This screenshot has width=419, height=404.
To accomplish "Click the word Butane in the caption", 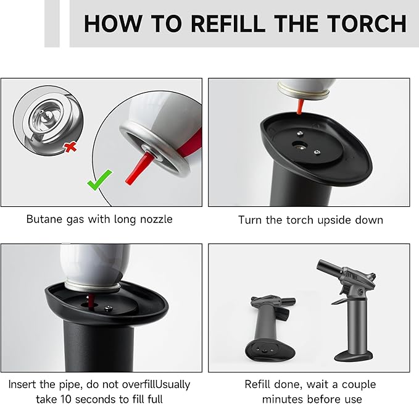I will tap(44, 219).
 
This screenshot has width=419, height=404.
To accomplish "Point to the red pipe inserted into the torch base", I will tap(89, 302).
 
